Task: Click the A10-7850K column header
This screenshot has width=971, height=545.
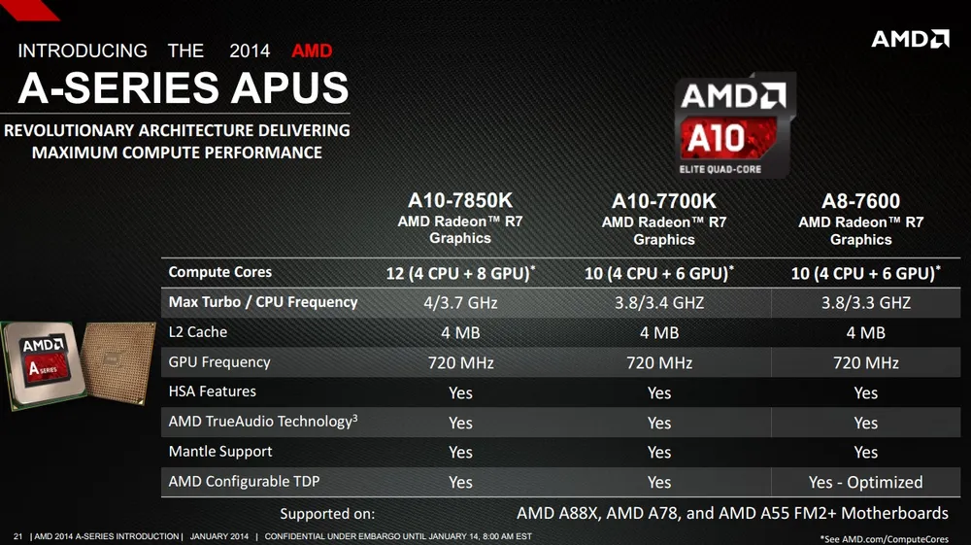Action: click(x=460, y=200)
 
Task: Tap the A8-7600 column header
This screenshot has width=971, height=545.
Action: click(x=860, y=201)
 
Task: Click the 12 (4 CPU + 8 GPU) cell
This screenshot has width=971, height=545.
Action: click(x=460, y=273)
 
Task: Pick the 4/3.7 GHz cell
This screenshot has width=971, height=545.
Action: click(x=460, y=303)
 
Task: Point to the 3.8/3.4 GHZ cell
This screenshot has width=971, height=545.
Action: click(x=659, y=303)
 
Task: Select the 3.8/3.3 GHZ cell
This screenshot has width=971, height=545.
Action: click(x=865, y=303)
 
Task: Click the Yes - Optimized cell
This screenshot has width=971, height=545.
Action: click(x=865, y=482)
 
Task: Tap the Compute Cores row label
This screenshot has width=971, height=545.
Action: click(x=220, y=272)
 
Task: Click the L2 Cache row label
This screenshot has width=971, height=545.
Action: click(x=198, y=332)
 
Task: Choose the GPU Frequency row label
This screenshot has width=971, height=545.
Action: click(x=219, y=362)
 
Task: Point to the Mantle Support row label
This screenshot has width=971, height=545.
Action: click(x=220, y=452)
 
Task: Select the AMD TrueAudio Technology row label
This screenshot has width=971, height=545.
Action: click(x=260, y=422)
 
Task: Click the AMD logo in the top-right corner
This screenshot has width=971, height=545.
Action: click(x=910, y=39)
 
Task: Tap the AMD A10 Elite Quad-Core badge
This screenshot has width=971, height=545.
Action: click(x=734, y=125)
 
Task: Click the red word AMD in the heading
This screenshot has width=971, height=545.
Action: click(x=312, y=51)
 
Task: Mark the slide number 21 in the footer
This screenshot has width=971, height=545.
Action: click(x=17, y=536)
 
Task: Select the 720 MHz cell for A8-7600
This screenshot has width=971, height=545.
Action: click(x=865, y=362)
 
